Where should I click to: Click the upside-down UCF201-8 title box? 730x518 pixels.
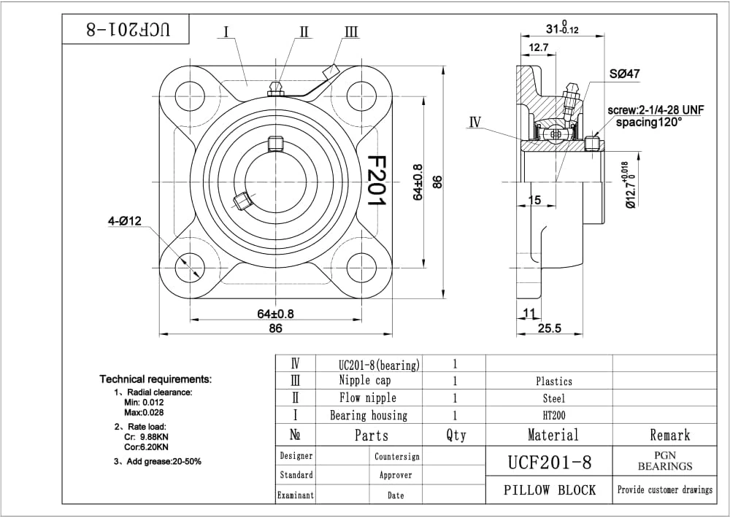126,29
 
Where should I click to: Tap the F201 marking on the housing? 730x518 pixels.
375,180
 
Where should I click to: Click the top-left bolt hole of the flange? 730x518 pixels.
190,96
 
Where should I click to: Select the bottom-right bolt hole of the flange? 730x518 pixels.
361,268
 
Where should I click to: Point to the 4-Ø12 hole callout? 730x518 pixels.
126,222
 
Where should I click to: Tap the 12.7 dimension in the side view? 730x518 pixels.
539,47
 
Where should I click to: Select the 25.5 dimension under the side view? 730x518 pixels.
549,328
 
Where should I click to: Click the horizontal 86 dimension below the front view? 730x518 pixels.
275,328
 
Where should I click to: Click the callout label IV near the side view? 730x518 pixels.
475,122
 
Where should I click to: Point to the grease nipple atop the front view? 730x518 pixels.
275,89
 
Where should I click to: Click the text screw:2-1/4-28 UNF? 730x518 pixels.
656,109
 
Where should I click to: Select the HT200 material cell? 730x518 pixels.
553,415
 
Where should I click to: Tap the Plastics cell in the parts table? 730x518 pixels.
553,381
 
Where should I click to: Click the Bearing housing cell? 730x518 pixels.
368,415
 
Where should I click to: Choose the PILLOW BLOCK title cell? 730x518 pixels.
549,490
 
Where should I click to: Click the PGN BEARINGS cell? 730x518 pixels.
664,461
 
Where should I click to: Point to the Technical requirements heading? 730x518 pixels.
155,379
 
